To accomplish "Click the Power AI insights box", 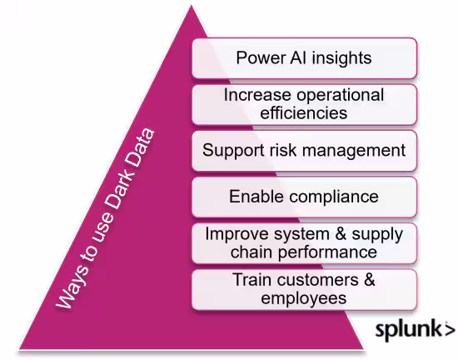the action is [304, 58].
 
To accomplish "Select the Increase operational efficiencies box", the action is [304, 104].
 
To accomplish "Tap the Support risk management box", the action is [304, 151].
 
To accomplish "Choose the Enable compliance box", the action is [304, 197].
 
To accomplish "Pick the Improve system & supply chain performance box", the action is [304, 243].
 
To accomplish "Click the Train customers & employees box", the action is [304, 289].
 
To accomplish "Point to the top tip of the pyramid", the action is [191, 5].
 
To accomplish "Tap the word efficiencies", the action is [304, 113].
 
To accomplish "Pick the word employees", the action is [304, 299].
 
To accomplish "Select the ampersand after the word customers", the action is [370, 280].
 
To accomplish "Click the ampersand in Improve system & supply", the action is [341, 234].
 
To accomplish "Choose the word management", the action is [354, 151].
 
